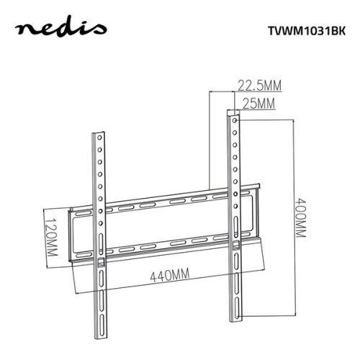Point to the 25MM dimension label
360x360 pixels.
(x=257, y=104)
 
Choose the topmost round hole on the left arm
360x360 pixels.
(x=99, y=143)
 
